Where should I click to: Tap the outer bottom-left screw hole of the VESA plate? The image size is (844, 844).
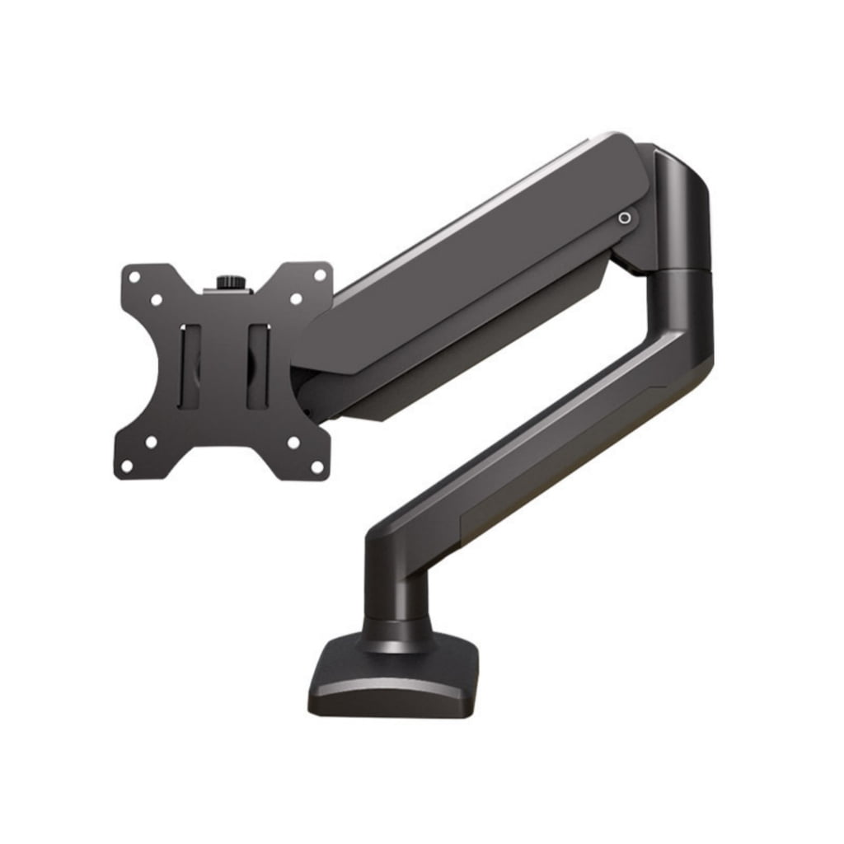127,466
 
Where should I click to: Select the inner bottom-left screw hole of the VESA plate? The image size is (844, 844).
151,443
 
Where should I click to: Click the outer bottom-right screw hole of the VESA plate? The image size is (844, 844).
316,466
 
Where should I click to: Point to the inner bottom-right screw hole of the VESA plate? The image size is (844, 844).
293,443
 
